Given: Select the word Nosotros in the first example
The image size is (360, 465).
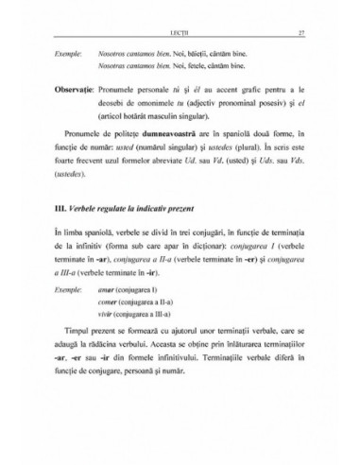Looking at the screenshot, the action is tap(111, 56).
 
